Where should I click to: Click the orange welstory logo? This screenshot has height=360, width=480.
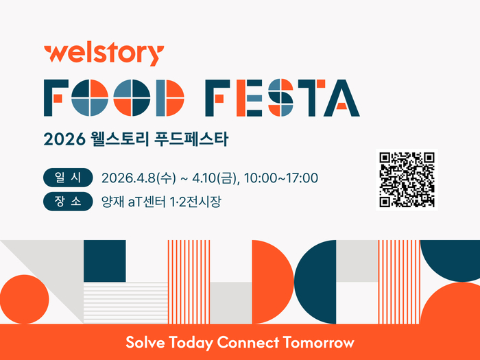103,53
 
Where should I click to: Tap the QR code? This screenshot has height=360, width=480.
407,179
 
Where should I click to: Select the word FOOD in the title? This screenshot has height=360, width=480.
114,98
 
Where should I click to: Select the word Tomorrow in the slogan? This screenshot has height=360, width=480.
322,342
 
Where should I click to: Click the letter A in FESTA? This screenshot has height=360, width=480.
341,98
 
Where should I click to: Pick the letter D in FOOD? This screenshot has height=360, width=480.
170,98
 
